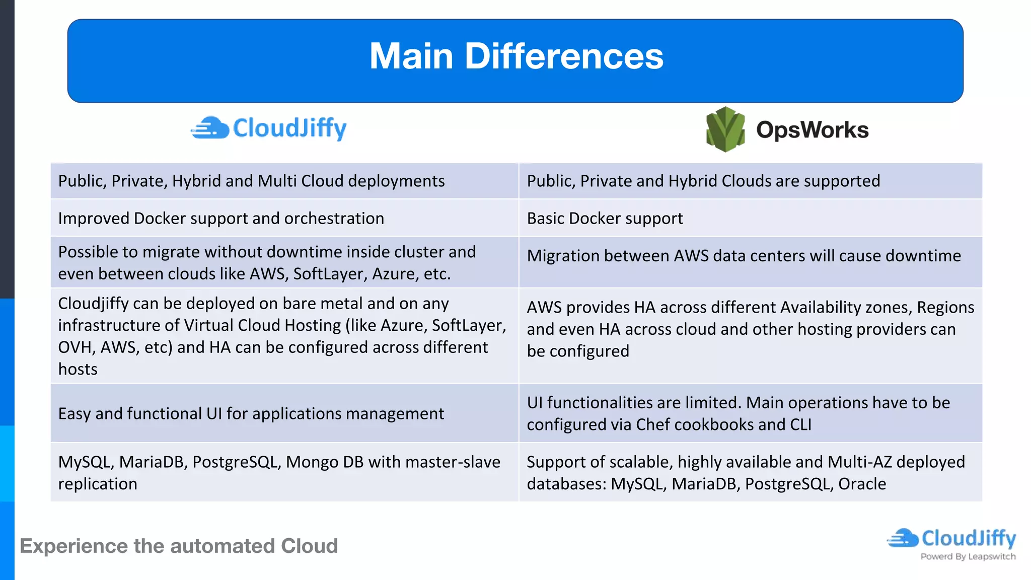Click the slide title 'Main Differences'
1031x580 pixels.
pyautogui.click(x=516, y=56)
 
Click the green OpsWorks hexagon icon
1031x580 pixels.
pyautogui.click(x=725, y=129)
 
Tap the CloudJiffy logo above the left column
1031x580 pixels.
pyautogui.click(x=269, y=128)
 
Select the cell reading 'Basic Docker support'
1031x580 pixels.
pyautogui.click(x=605, y=219)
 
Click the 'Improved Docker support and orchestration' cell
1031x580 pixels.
pyautogui.click(x=221, y=219)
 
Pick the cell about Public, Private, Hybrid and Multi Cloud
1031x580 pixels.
pyautogui.click(x=251, y=181)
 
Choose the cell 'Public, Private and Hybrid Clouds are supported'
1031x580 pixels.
pyautogui.click(x=703, y=181)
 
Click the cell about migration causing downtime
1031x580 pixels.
pyautogui.click(x=744, y=256)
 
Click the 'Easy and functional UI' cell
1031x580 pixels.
pyautogui.click(x=251, y=414)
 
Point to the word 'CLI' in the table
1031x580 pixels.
pyautogui.click(x=800, y=425)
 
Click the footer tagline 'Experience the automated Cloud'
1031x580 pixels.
pyautogui.click(x=179, y=546)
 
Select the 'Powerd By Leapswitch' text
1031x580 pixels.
pyautogui.click(x=968, y=556)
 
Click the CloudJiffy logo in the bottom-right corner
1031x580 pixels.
pyautogui.click(x=951, y=538)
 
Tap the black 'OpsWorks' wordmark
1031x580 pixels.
pyautogui.click(x=812, y=130)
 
